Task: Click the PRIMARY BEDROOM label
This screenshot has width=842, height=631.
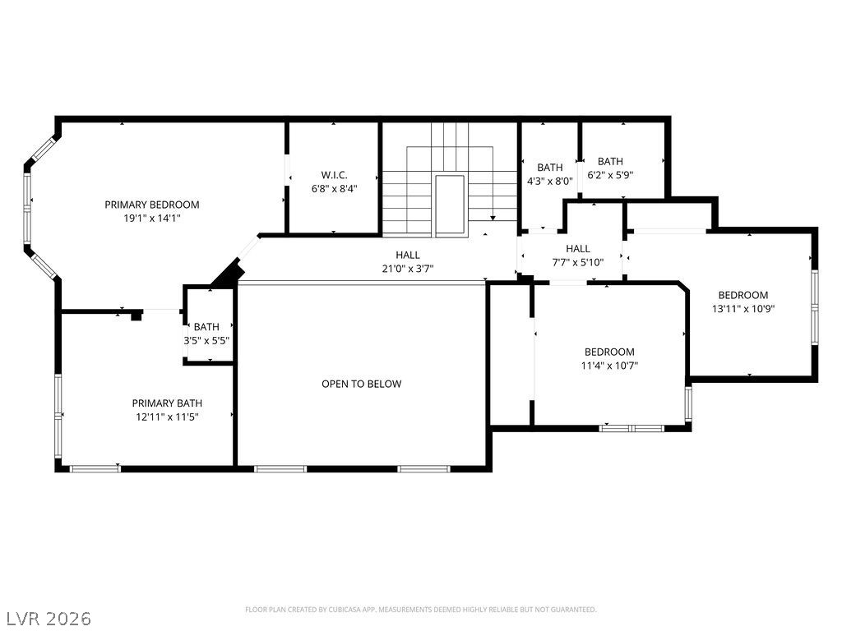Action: point(151,205)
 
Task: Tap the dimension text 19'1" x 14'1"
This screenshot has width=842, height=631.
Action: point(151,219)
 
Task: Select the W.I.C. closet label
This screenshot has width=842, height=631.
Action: point(334,174)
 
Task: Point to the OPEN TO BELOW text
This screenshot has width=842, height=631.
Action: point(361,384)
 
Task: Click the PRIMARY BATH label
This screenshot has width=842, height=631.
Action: point(167,403)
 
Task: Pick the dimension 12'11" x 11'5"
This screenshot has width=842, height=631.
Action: point(167,417)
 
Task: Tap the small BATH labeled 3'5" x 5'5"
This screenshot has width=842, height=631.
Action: point(206,326)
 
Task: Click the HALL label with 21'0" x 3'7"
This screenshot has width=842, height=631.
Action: point(409,255)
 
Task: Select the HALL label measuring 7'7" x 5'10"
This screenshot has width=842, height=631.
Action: point(577,249)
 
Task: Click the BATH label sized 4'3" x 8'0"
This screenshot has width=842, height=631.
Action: point(550,168)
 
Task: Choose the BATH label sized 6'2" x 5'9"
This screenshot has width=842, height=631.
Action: point(610,161)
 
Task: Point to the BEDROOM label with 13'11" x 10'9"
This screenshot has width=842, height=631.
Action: point(743,295)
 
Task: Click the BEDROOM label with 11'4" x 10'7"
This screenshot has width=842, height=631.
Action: point(609,352)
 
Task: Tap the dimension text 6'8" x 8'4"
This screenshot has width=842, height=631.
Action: point(334,188)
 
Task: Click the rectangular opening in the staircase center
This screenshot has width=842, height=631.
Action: point(449,205)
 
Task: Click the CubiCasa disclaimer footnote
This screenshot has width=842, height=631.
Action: point(420,610)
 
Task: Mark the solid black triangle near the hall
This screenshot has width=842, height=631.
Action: point(227,274)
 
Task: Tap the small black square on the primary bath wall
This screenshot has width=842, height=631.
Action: point(136,316)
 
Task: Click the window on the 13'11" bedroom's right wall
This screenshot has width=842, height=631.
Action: point(814,308)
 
